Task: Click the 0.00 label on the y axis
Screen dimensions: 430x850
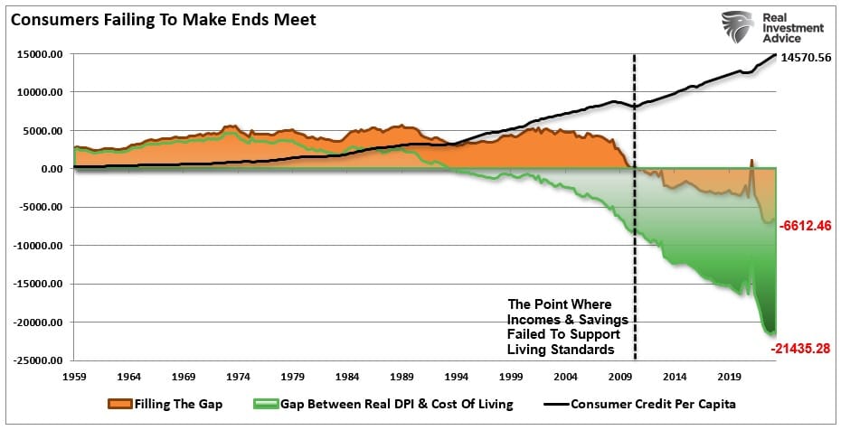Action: pyautogui.click(x=50, y=169)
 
